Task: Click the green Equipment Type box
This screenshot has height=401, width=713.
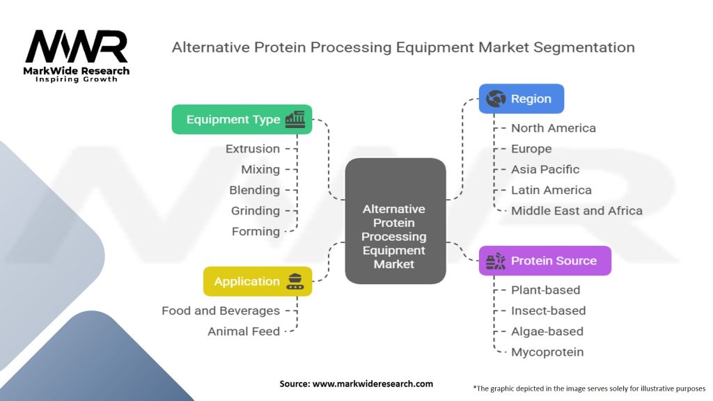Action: coord(242,120)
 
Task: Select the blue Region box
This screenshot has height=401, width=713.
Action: coord(521,99)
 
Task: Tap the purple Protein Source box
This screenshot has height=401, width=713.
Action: coord(544,260)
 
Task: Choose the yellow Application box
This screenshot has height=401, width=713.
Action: coord(258,281)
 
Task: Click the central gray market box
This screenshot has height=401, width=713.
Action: coord(395,221)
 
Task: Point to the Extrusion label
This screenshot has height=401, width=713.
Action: coord(253,149)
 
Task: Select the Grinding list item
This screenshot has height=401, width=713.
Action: coord(256,211)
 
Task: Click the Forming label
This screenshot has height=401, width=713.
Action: coord(256,231)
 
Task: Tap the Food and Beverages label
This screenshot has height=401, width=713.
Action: coord(221,310)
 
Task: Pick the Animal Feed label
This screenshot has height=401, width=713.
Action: coord(244,331)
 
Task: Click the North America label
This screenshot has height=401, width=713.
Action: coord(554,128)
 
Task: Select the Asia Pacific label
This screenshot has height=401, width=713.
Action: coord(545,170)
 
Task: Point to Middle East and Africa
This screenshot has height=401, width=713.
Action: coord(577,211)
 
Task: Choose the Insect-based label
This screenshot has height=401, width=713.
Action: coord(549,310)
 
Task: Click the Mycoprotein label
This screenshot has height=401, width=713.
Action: coord(547,352)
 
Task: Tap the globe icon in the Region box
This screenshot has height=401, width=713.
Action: coord(496,98)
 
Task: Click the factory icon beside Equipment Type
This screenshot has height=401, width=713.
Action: coord(295,120)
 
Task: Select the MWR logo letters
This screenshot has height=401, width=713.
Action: coord(77,47)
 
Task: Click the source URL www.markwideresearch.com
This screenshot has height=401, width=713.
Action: coord(373,384)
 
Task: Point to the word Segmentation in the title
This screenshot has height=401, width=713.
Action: coord(584,48)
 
